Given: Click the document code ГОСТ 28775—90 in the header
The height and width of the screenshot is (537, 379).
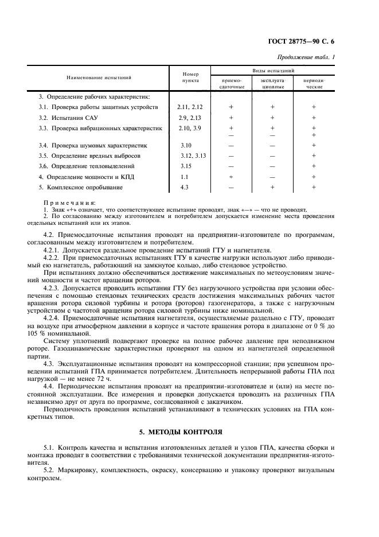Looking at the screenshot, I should [x=302, y=41].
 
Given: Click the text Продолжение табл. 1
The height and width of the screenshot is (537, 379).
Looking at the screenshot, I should [x=307, y=57].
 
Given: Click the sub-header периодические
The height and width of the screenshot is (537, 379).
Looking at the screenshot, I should [x=314, y=83].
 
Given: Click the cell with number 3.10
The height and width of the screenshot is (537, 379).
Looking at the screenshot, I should [x=185, y=146].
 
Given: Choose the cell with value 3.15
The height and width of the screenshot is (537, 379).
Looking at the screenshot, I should [x=185, y=166].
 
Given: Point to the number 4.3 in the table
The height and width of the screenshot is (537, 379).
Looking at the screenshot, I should [x=184, y=187].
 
